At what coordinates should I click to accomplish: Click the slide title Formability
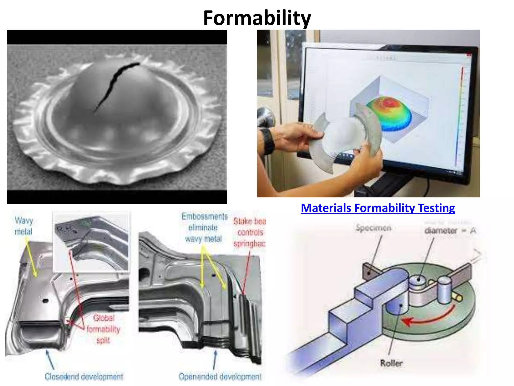[257, 18]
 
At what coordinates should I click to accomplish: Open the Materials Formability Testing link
[378, 208]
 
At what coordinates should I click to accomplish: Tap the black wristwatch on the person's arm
[268, 141]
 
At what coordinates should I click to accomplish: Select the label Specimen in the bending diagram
[373, 228]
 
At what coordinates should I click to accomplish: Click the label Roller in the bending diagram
[391, 363]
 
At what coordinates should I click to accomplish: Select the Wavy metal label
[24, 226]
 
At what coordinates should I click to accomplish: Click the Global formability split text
[103, 329]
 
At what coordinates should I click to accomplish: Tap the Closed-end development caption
[84, 376]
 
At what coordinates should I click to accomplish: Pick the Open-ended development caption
[220, 376]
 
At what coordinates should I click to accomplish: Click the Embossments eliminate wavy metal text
[204, 227]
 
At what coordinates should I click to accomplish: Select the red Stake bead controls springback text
[249, 232]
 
